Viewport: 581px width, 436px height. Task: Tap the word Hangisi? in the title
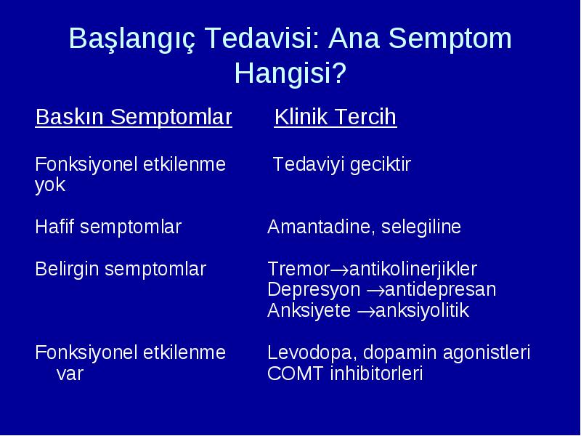pos(290,73)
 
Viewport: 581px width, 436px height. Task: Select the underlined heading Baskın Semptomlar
pos(134,117)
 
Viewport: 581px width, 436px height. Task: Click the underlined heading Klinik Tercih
pos(336,117)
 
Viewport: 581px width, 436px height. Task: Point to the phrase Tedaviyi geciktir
pos(341,165)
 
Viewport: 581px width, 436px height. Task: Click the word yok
pos(50,185)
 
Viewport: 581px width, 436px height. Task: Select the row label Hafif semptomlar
pos(108,227)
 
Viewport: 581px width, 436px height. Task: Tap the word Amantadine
pos(319,227)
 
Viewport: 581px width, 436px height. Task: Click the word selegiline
pos(421,227)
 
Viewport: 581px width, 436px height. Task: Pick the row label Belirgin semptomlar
pos(121,269)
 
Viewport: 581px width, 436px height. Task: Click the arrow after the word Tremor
pos(339,270)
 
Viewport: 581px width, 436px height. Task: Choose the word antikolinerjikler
pos(413,269)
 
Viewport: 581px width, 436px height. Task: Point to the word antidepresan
pos(440,290)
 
